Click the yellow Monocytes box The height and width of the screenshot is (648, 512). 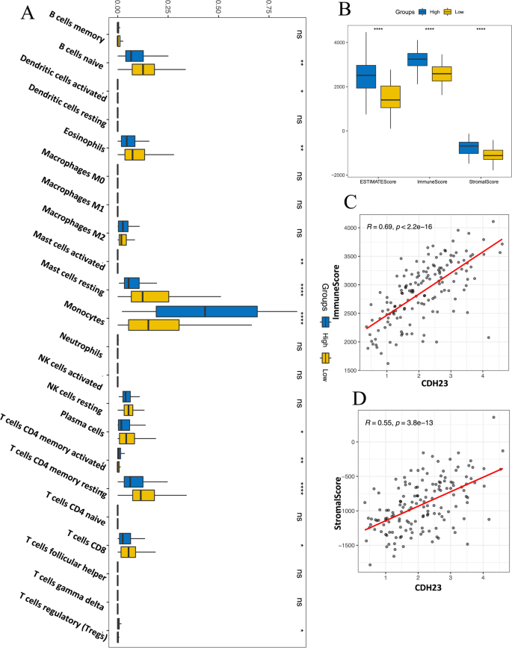coord(153,325)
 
